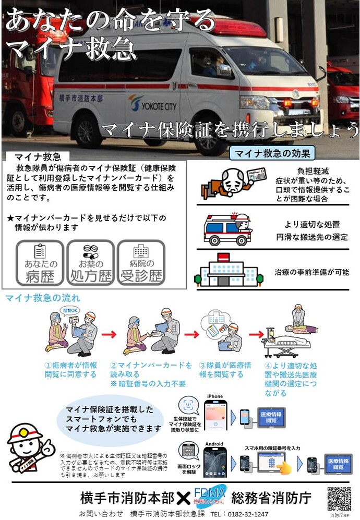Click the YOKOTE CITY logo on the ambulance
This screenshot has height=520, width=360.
[152, 103]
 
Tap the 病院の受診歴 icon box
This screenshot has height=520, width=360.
[140, 263]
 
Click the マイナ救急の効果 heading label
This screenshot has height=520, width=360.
[272, 153]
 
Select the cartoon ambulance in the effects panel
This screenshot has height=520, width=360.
[227, 229]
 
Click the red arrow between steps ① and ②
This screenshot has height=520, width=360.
[108, 334]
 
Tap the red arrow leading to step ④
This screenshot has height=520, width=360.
[256, 334]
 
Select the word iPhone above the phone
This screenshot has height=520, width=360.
[215, 396]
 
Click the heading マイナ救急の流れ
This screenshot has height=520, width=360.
[43, 298]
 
